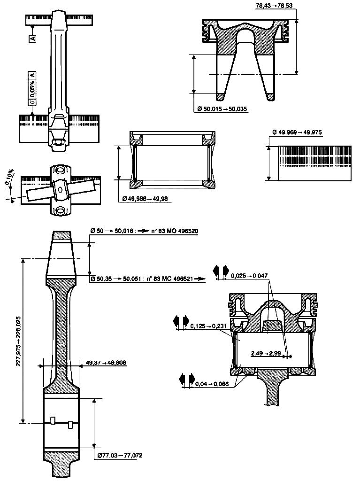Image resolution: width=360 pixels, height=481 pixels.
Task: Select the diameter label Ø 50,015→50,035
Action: [x=222, y=109]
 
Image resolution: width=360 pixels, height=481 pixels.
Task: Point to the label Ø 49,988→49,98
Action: [x=146, y=199]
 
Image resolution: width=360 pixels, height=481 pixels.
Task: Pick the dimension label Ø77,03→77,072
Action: [x=120, y=455]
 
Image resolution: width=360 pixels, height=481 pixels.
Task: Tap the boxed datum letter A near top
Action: [x=32, y=39]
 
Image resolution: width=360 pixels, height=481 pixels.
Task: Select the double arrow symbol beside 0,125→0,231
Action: [x=181, y=321]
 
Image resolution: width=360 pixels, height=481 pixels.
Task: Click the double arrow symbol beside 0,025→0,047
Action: [x=221, y=271]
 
